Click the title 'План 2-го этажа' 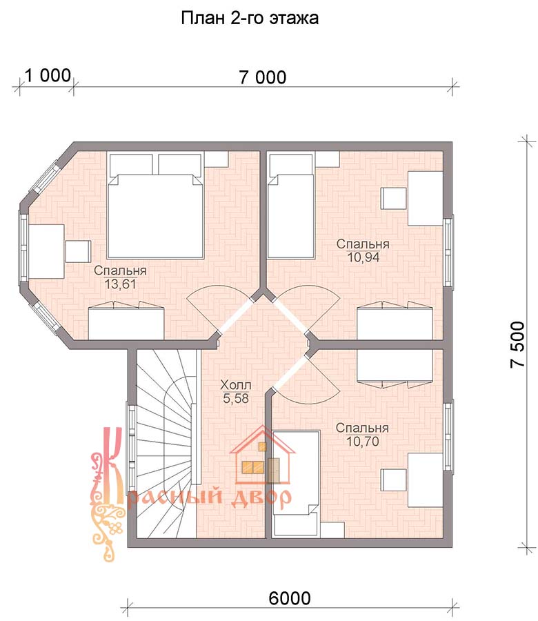[x=250, y=18]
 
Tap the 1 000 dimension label [x=48, y=75]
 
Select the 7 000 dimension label [x=263, y=77]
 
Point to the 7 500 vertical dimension [x=517, y=344]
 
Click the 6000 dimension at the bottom [x=290, y=598]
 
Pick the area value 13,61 [x=120, y=284]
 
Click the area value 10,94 [x=363, y=257]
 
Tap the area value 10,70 [x=363, y=441]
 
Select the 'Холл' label [x=236, y=384]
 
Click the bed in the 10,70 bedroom [x=296, y=483]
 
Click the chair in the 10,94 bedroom [x=394, y=199]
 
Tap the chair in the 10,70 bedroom [x=394, y=480]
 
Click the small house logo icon [x=262, y=455]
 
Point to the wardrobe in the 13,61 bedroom [x=126, y=321]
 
